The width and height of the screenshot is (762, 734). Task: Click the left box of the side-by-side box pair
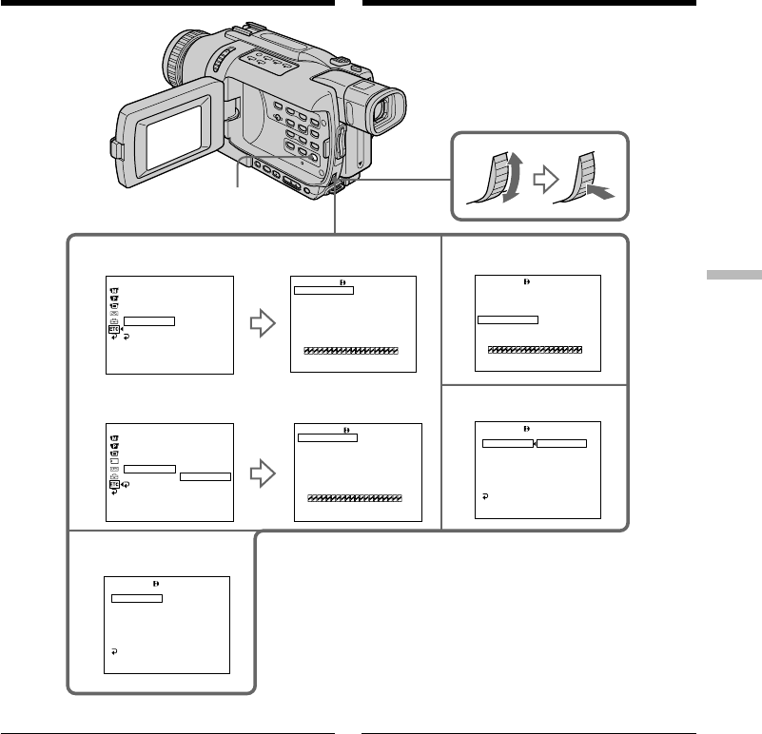click(507, 444)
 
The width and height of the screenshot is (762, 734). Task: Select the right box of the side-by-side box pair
click(561, 444)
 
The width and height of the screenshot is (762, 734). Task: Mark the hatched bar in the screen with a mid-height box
click(535, 350)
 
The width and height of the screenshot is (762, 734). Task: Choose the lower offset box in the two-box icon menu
click(205, 476)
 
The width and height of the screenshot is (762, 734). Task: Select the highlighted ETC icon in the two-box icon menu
click(113, 484)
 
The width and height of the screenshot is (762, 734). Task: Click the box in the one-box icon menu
click(149, 321)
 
